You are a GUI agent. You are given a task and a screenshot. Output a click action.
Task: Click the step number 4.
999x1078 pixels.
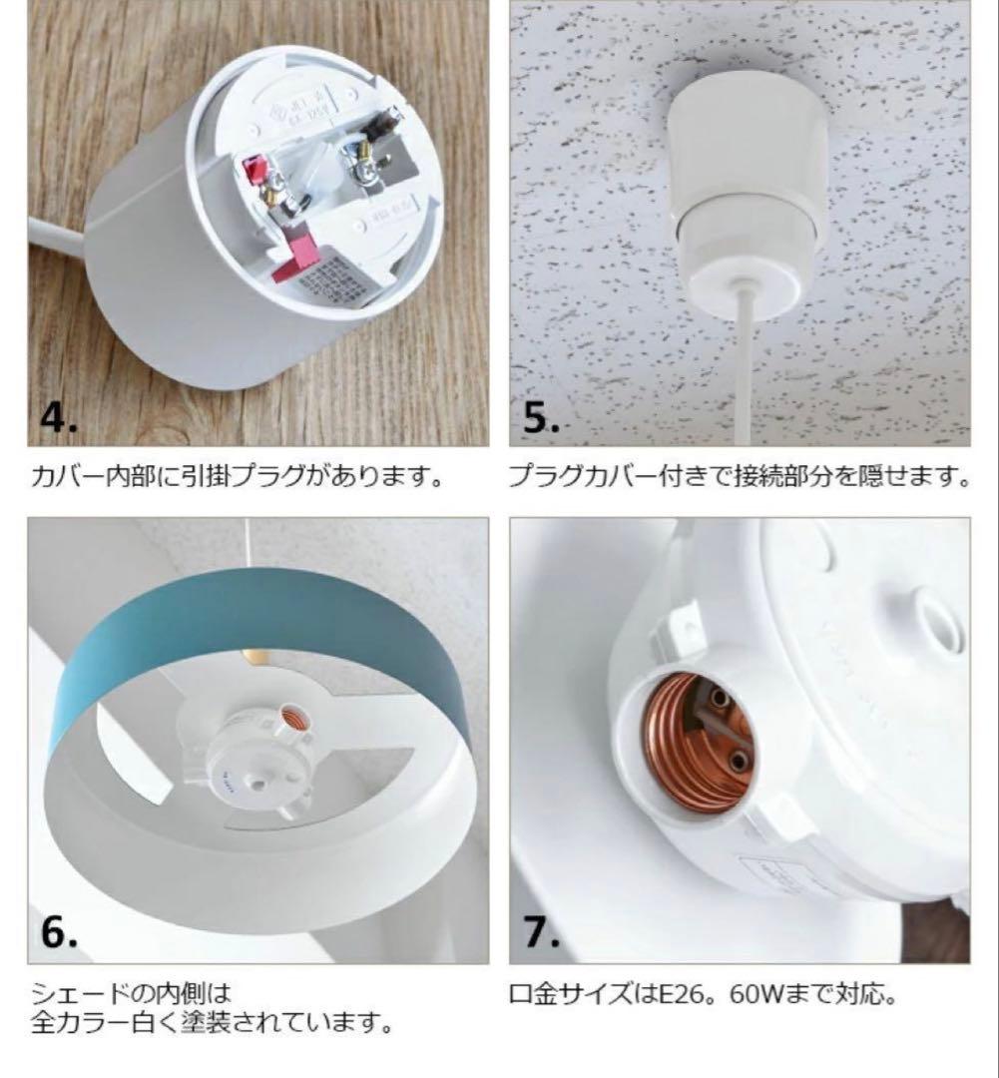click(x=58, y=417)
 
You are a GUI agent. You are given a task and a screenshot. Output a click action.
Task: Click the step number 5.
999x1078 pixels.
click(x=542, y=417)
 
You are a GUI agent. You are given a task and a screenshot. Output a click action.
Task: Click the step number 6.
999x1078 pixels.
click(x=59, y=932)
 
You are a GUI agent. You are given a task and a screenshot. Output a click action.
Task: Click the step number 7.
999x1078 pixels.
click(x=542, y=932)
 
